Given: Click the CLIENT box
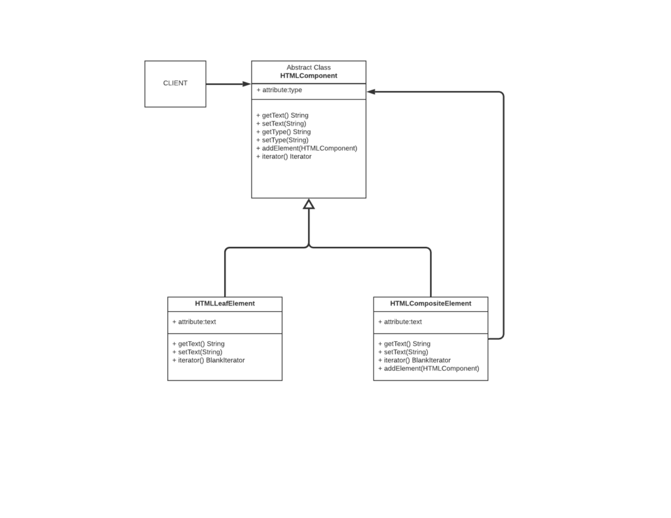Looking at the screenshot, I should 175,84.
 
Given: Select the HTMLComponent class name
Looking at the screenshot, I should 309,76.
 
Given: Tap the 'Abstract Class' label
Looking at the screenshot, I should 309,67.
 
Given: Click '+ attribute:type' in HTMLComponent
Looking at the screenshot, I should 279,90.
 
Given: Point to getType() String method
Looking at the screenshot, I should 283,132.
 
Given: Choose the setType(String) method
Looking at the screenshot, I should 282,140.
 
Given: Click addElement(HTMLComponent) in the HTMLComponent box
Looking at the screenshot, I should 307,148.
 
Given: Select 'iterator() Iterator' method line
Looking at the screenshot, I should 284,157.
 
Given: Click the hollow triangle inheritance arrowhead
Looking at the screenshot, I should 309,204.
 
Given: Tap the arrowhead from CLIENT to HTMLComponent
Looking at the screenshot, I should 246,84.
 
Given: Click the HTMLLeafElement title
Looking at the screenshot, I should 225,304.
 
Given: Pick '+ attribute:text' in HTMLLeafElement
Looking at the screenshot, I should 194,322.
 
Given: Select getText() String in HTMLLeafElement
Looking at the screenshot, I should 198,344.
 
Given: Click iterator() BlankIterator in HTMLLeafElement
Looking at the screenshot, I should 208,360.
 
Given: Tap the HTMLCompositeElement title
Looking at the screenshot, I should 431,304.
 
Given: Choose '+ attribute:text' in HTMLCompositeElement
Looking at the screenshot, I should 400,322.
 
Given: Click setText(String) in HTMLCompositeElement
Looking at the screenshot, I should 403,352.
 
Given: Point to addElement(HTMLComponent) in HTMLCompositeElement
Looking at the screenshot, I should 429,368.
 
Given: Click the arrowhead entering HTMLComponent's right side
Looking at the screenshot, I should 372,92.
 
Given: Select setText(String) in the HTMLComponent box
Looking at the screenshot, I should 281,123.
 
